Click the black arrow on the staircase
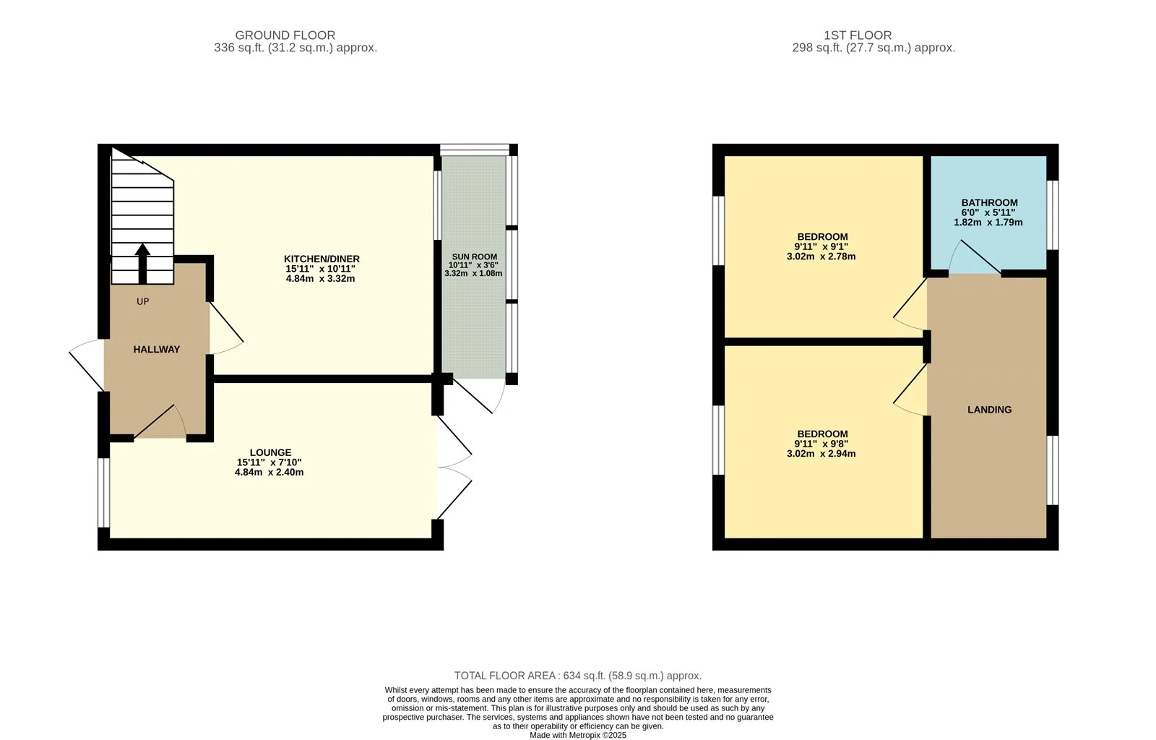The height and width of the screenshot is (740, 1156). pyautogui.click(x=143, y=264)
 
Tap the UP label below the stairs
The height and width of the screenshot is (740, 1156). pyautogui.click(x=143, y=301)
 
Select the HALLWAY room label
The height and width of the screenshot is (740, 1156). pyautogui.click(x=156, y=349)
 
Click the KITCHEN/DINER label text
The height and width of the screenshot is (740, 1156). pyautogui.click(x=322, y=259)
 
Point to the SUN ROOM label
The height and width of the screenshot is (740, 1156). pyautogui.click(x=474, y=257)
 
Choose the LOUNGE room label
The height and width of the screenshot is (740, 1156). pyautogui.click(x=270, y=452)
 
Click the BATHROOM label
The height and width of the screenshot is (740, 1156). pyautogui.click(x=989, y=203)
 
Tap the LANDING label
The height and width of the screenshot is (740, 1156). pyautogui.click(x=989, y=410)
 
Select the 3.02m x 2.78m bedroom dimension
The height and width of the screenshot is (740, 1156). pyautogui.click(x=821, y=257)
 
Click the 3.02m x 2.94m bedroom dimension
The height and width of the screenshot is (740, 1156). pyautogui.click(x=821, y=454)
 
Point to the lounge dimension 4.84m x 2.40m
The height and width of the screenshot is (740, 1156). pyautogui.click(x=269, y=472)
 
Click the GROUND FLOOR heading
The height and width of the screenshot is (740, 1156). pyautogui.click(x=285, y=35)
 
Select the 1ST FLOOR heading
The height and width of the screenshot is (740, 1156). pyautogui.click(x=858, y=35)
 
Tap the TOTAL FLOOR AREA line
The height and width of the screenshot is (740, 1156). pyautogui.click(x=578, y=676)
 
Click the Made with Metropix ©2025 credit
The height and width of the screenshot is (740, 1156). pyautogui.click(x=578, y=736)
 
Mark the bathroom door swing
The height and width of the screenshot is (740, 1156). pyautogui.click(x=975, y=257)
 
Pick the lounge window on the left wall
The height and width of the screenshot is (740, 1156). pyautogui.click(x=104, y=493)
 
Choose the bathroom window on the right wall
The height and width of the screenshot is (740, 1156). pyautogui.click(x=1053, y=215)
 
